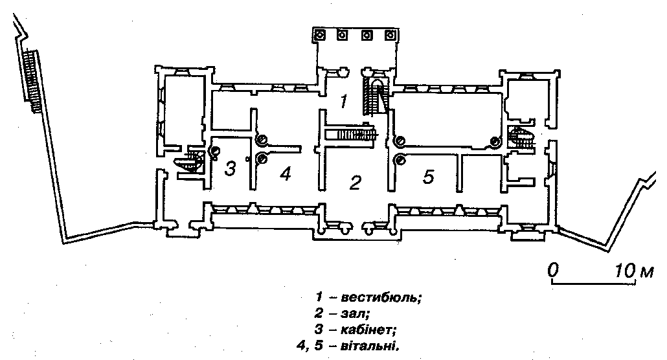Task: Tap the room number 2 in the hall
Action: click(x=354, y=183)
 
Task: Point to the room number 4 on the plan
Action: click(x=286, y=174)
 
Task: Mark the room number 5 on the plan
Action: click(x=428, y=176)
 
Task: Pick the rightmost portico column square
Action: click(x=389, y=35)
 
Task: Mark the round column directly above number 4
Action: click(x=262, y=139)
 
